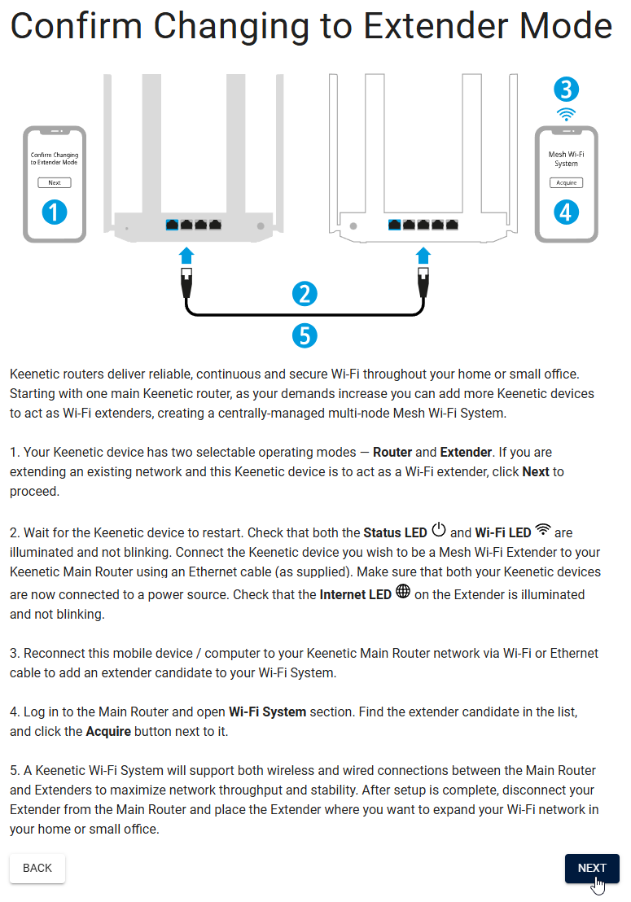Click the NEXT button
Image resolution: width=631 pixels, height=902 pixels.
[x=592, y=868]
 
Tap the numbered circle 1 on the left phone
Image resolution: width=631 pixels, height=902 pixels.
[x=55, y=213]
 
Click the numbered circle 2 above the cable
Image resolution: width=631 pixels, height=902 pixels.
[x=304, y=294]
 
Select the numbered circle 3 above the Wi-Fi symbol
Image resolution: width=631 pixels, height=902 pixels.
[x=567, y=89]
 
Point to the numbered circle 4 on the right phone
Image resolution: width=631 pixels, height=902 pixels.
[x=566, y=212]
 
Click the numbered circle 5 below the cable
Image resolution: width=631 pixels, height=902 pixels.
[x=304, y=335]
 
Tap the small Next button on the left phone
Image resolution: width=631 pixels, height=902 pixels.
[x=55, y=182]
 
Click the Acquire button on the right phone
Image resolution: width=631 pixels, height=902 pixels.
[x=566, y=182]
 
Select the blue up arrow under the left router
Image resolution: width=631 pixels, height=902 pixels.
[x=186, y=255]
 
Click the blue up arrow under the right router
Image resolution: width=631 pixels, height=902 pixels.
[x=423, y=255]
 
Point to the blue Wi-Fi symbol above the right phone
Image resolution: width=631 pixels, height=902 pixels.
[x=567, y=114]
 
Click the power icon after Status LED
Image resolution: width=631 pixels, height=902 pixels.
[x=439, y=531]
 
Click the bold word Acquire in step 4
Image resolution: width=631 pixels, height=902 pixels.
[x=108, y=731]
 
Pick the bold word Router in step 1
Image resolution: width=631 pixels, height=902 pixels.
[x=393, y=452]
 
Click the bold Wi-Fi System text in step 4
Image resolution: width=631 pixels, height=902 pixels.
[x=267, y=712]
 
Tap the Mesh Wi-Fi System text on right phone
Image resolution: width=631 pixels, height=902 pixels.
[x=566, y=159]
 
